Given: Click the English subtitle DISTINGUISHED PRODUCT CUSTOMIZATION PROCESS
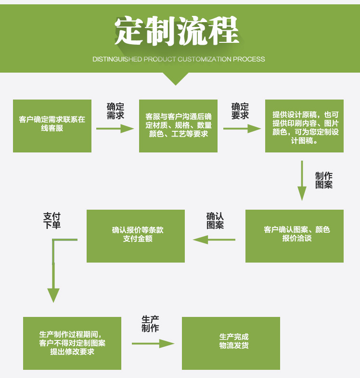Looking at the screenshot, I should point(179,59).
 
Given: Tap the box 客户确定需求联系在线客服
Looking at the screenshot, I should point(52,126).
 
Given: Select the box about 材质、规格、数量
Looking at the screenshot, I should point(178,126).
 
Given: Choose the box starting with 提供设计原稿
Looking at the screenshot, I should point(304,126).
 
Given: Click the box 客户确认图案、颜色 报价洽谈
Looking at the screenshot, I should point(294,236).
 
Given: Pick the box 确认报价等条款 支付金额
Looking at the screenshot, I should point(135,236).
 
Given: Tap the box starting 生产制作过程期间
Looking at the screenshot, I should point(72,343).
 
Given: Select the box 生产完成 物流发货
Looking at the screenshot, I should point(231,343).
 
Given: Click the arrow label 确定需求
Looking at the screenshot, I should point(116,111).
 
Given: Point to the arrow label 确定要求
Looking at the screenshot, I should point(240,111).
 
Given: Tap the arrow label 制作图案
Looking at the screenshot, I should point(324,180).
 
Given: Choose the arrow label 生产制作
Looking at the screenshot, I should point(150,324).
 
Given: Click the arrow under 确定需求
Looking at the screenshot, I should point(115,129).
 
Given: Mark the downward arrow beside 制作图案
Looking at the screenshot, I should point(302,180).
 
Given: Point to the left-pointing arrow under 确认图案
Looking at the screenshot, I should point(214,239).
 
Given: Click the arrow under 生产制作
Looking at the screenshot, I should point(153,343).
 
